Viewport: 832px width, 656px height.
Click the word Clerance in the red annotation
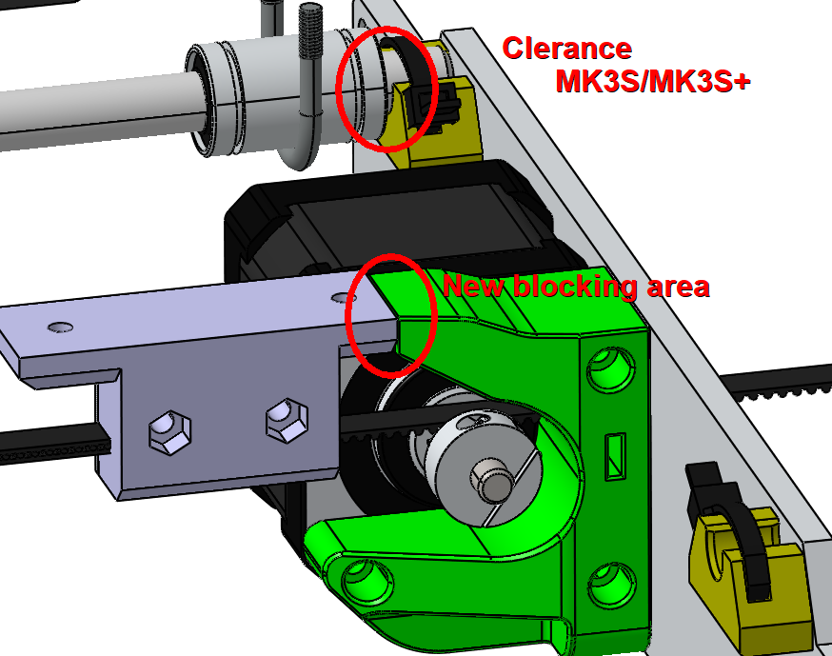(566, 48)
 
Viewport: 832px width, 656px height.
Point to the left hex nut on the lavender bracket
(166, 430)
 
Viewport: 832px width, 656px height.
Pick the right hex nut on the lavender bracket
(282, 416)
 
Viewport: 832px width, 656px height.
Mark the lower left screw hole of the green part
(366, 575)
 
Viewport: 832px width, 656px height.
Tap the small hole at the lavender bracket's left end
(60, 327)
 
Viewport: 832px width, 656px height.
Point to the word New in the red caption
(473, 286)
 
